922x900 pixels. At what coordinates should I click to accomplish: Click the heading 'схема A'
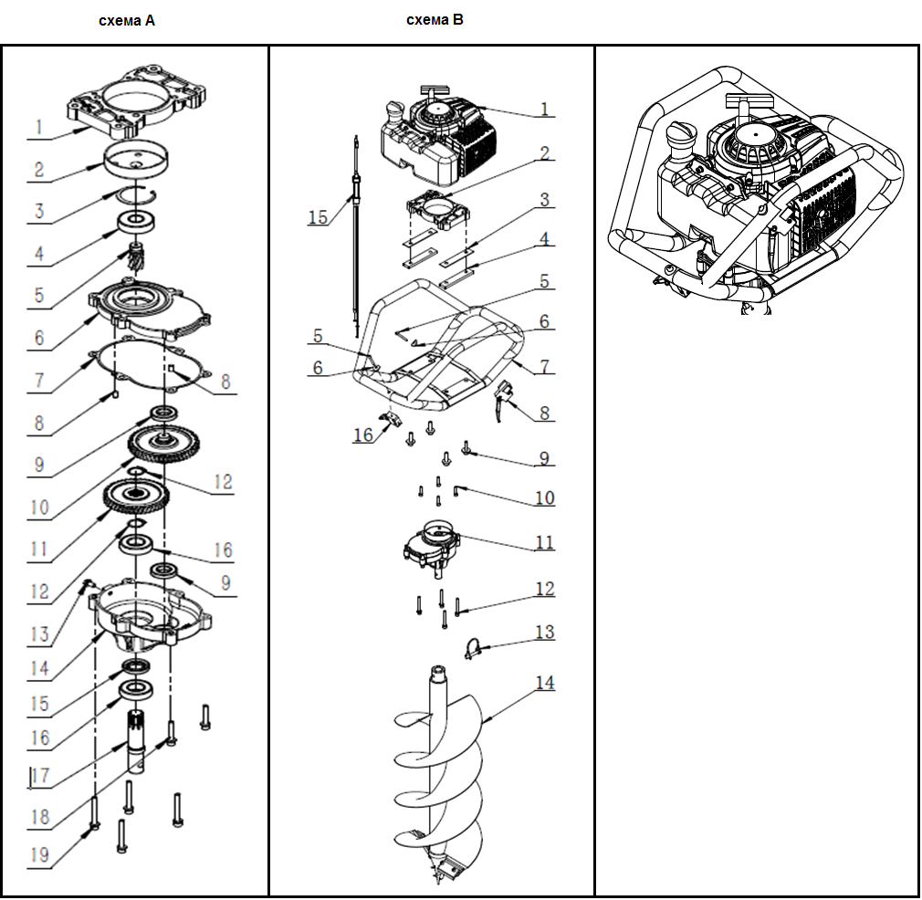[127, 20]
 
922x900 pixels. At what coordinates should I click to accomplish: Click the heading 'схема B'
[435, 19]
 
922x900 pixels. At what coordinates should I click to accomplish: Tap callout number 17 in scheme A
[38, 777]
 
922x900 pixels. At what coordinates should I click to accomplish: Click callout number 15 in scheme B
[318, 217]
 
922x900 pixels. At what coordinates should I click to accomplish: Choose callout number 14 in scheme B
[545, 683]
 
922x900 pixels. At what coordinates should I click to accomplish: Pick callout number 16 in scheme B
[363, 435]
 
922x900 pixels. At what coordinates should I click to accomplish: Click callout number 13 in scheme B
[544, 632]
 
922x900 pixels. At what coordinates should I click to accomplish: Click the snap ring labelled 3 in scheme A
[138, 194]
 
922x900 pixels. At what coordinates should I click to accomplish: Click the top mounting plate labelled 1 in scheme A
[139, 99]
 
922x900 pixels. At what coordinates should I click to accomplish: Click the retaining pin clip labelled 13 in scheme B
[471, 648]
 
